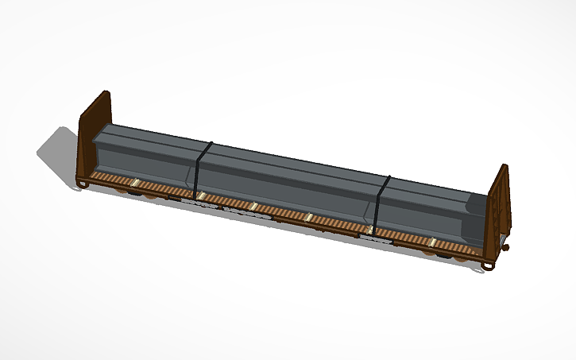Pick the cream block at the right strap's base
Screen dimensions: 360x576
click(371, 230)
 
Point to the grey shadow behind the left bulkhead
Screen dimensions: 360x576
click(60, 151)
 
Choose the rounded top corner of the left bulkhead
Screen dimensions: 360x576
click(104, 95)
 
